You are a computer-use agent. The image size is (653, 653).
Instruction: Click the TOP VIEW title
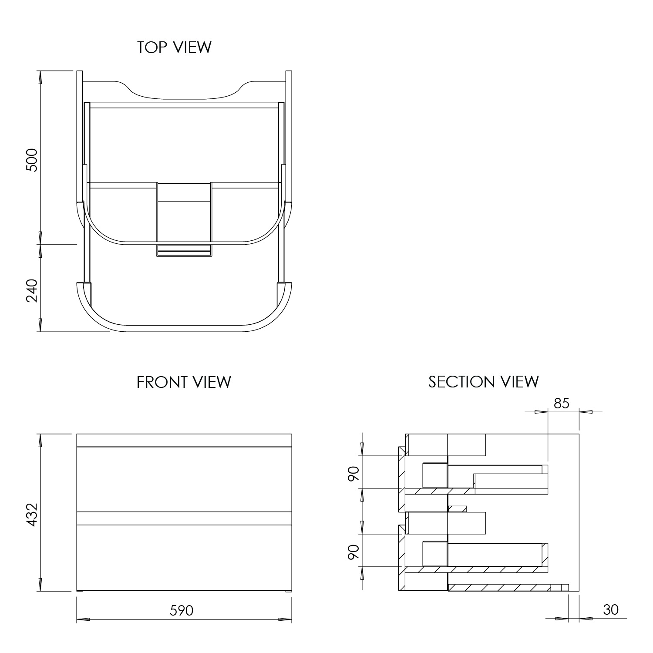tap(174, 47)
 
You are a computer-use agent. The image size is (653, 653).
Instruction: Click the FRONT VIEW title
tap(183, 382)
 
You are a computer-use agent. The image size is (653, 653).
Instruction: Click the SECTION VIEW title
tap(483, 382)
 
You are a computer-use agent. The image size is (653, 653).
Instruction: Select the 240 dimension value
tap(32, 290)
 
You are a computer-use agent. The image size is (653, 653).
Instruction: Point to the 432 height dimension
tap(32, 515)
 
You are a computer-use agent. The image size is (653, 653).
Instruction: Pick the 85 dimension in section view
tap(561, 404)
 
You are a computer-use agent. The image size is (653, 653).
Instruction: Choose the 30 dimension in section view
tap(611, 609)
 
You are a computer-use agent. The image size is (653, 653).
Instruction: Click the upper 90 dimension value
tap(354, 473)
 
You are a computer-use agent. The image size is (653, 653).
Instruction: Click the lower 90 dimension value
tap(354, 552)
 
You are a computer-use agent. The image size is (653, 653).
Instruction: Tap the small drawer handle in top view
tap(184, 251)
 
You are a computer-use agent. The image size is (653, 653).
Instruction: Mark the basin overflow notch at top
tap(184, 91)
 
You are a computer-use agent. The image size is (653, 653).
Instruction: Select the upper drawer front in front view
tap(184, 479)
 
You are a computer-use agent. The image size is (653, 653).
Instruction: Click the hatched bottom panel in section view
tap(501, 588)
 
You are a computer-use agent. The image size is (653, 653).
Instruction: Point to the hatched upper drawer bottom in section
tap(440, 491)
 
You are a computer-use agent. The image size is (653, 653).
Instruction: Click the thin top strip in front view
tap(184, 440)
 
